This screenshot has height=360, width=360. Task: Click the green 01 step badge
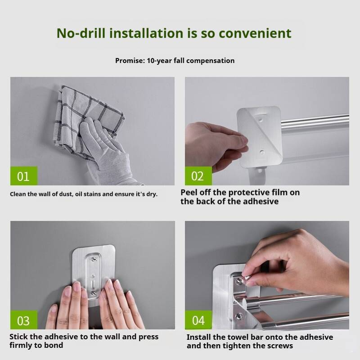[x=24, y=176]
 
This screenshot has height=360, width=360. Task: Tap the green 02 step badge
[x=198, y=176]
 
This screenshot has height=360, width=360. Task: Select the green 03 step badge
[x=24, y=320]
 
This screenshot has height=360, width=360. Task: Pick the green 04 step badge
[x=198, y=320]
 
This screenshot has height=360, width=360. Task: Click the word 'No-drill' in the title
[x=81, y=33]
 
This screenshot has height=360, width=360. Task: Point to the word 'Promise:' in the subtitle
[x=130, y=61]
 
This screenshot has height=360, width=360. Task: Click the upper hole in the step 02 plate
[x=261, y=120]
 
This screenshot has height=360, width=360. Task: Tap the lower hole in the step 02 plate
[x=262, y=152]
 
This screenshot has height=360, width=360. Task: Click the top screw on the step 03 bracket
[x=94, y=260]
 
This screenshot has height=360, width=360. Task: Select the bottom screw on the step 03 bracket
[x=94, y=293]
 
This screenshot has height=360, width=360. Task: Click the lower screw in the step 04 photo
[x=239, y=317]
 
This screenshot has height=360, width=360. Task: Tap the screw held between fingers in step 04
[x=247, y=278]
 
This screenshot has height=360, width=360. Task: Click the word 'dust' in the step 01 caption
[x=65, y=194]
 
